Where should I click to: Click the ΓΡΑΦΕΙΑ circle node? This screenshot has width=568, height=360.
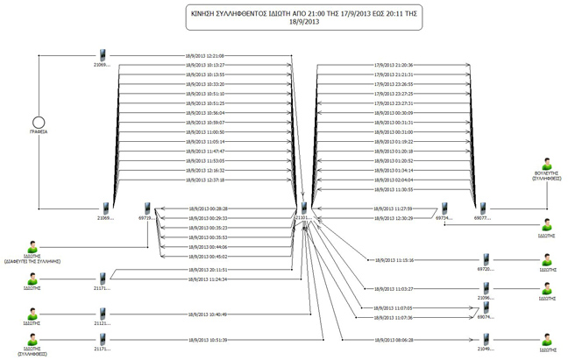(38, 121)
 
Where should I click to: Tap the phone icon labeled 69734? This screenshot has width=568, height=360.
(444, 208)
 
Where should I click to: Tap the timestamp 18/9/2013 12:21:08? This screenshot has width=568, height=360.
(206, 55)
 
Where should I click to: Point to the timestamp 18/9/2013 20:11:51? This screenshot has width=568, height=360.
(208, 270)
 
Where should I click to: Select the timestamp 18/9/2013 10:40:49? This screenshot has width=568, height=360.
(208, 314)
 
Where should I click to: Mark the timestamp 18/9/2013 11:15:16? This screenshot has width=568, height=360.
(392, 260)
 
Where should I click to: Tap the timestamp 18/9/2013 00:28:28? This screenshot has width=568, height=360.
(208, 208)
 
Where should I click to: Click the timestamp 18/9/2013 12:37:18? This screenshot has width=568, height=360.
(206, 180)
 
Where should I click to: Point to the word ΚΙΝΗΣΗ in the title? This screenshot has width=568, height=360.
(207, 15)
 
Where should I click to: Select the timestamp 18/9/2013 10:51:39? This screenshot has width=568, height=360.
(208, 340)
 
